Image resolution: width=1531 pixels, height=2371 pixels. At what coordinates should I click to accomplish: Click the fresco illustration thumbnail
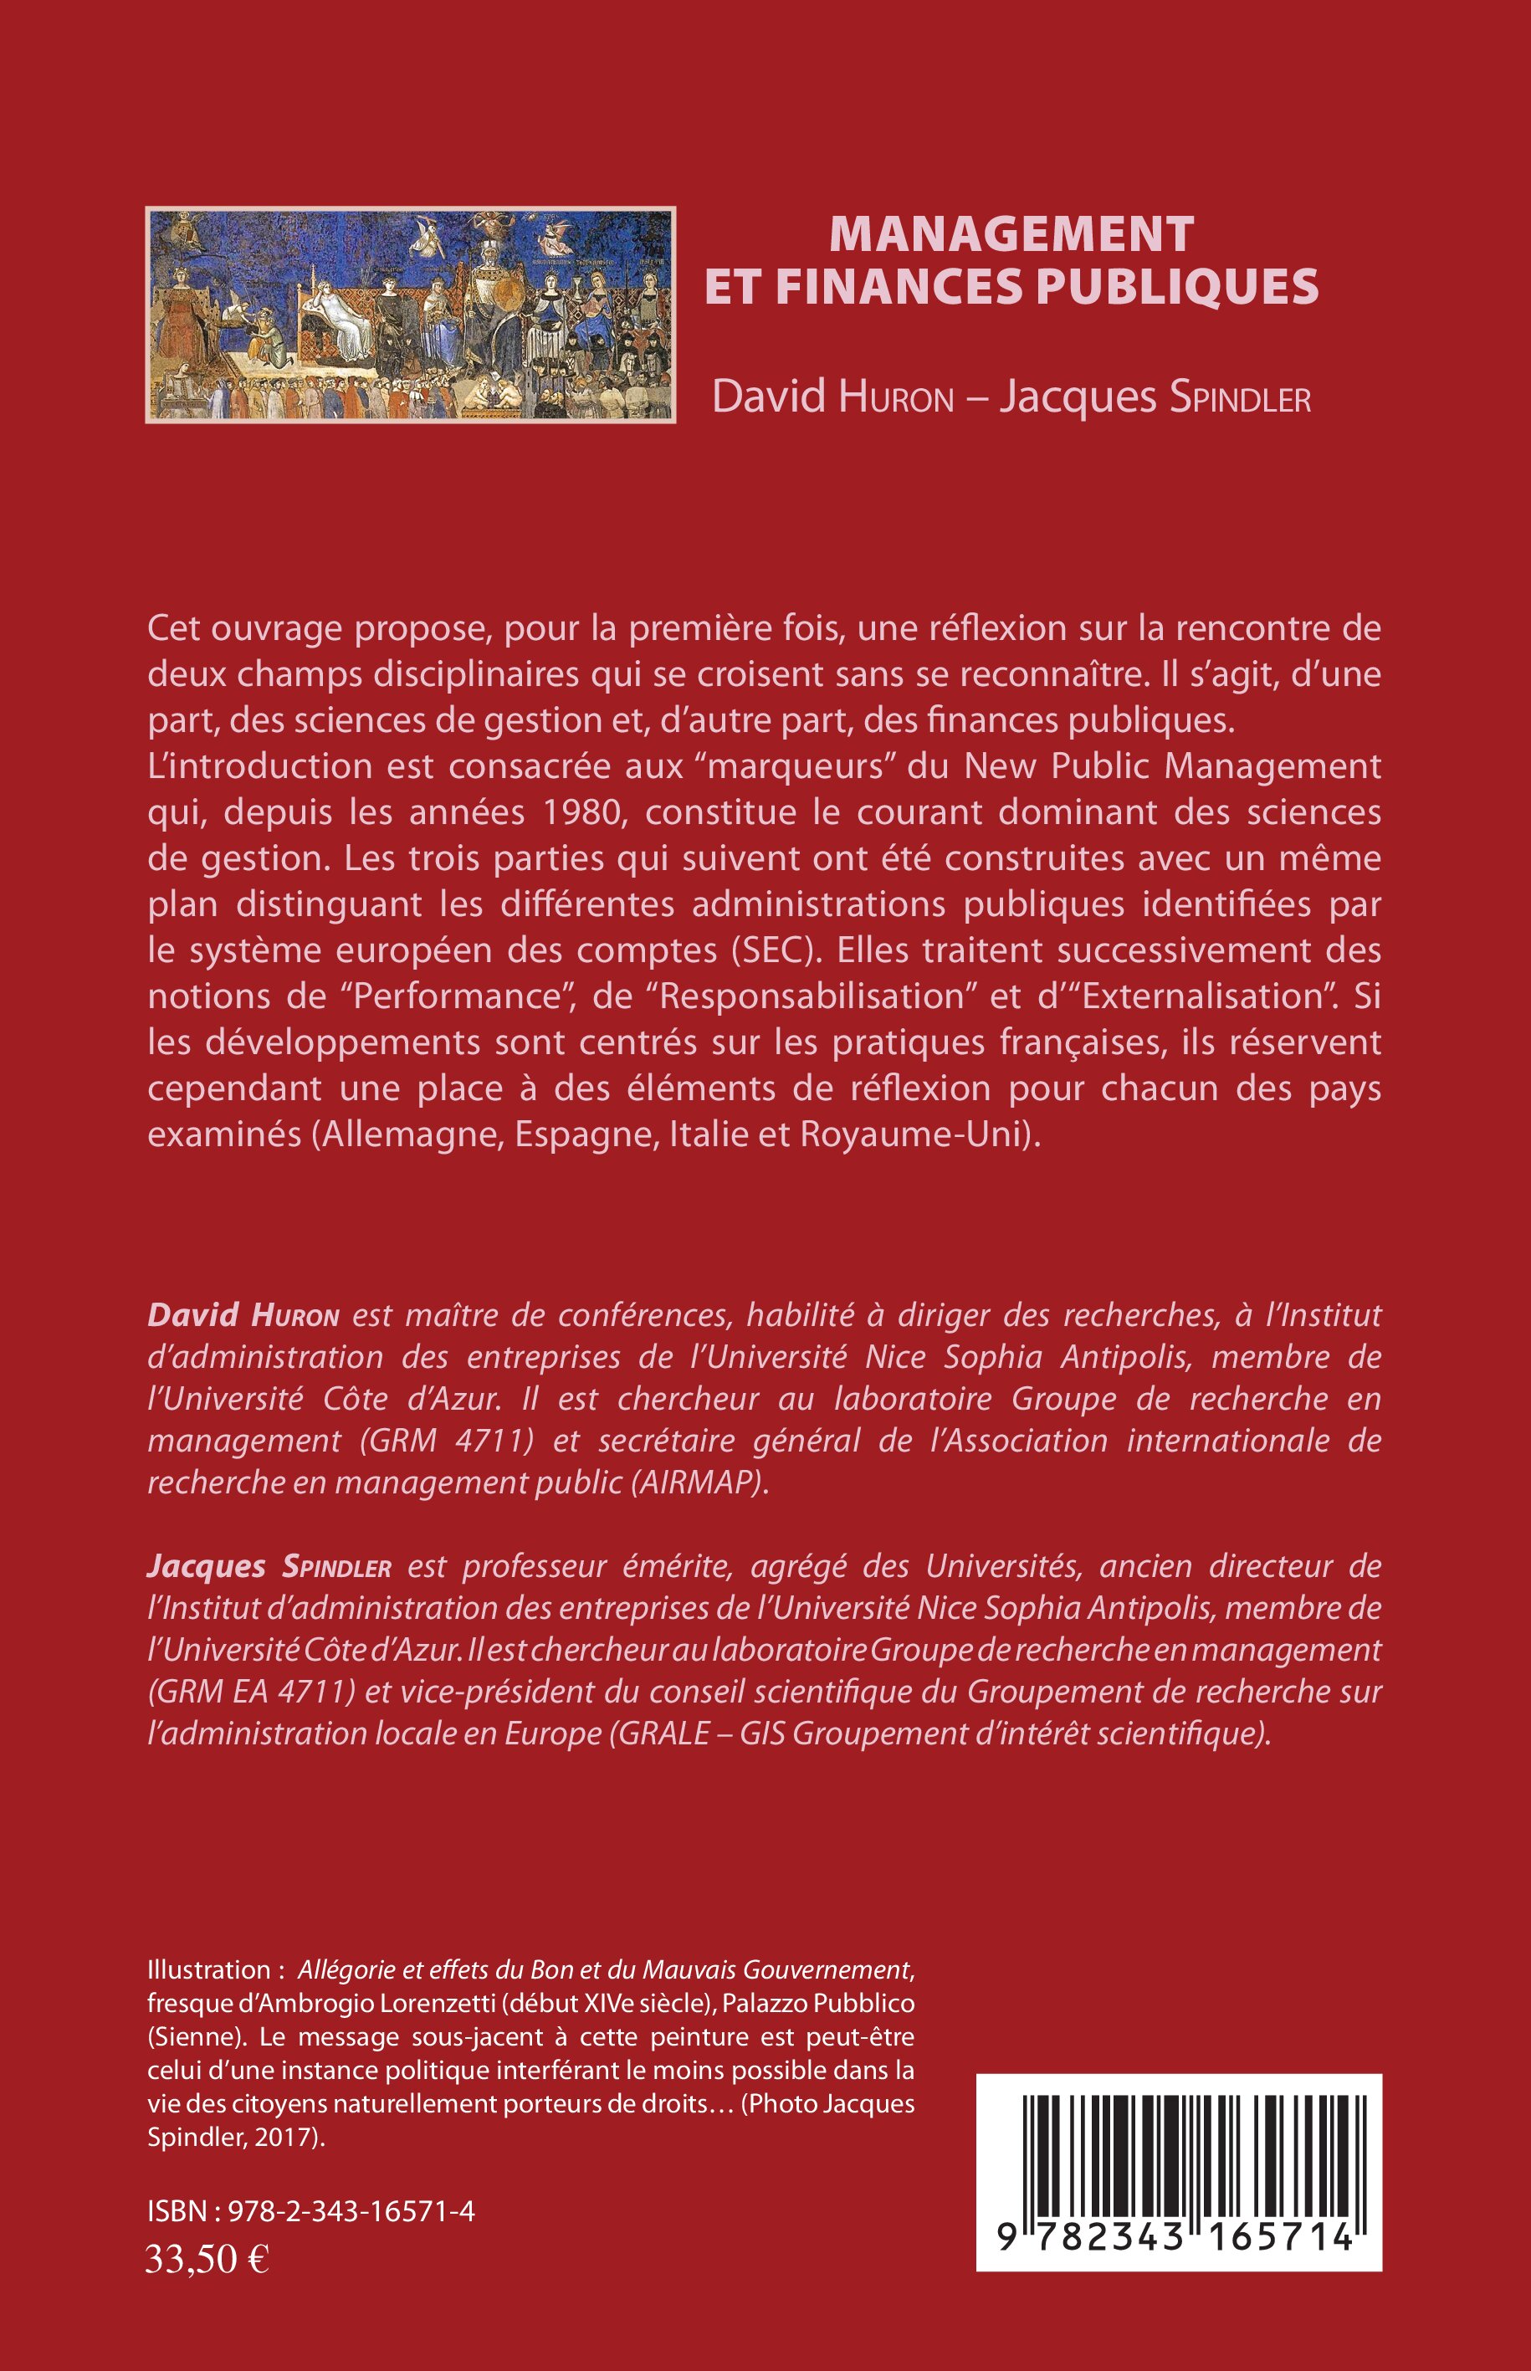click(x=411, y=314)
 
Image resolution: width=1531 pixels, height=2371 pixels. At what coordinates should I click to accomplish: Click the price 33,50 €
click(x=207, y=2260)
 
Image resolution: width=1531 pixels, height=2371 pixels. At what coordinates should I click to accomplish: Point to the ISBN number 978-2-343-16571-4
click(x=351, y=2211)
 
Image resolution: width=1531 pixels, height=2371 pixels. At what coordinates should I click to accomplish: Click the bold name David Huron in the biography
click(x=243, y=1315)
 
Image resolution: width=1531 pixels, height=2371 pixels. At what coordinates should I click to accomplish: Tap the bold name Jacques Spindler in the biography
click(x=269, y=1567)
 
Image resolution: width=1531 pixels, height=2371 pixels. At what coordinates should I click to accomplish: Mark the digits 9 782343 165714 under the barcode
click(x=1178, y=2237)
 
